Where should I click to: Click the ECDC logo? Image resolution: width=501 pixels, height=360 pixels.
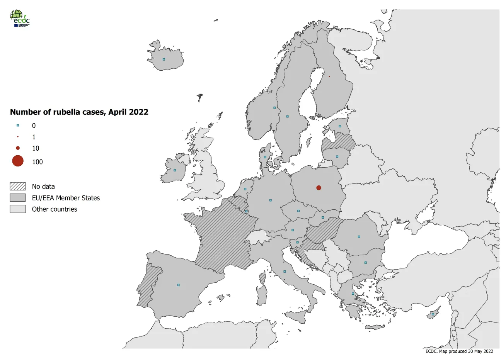(19, 18)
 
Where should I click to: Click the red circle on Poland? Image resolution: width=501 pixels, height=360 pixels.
(319, 188)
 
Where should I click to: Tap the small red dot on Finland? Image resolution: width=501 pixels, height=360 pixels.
(329, 76)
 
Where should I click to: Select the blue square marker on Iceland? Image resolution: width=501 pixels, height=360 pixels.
(164, 59)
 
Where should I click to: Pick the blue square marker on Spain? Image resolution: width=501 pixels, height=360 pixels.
(178, 285)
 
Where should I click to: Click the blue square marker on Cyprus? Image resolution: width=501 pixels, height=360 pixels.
(433, 314)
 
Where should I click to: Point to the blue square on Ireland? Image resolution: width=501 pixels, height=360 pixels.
(175, 170)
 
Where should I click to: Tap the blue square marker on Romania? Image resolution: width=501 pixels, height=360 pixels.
(359, 236)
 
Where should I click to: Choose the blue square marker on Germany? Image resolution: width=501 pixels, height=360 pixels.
(271, 200)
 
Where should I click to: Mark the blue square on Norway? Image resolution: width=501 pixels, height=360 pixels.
(274, 108)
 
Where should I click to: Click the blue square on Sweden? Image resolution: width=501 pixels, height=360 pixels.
(287, 116)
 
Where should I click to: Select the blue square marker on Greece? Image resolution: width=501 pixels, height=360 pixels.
(353, 294)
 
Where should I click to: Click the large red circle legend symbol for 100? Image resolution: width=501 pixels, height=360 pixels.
(18, 161)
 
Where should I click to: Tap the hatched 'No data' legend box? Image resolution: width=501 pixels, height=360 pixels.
(18, 187)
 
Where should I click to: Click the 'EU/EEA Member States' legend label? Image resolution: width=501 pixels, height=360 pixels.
(66, 198)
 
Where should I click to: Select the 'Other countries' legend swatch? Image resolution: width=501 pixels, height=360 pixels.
(18, 209)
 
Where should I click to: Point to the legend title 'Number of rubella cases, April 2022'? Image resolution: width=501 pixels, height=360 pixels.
(79, 112)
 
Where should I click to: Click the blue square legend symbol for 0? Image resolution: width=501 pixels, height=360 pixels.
(18, 126)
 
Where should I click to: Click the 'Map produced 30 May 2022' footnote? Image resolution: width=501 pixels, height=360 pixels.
(459, 352)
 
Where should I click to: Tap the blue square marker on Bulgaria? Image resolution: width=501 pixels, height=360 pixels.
(365, 263)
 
